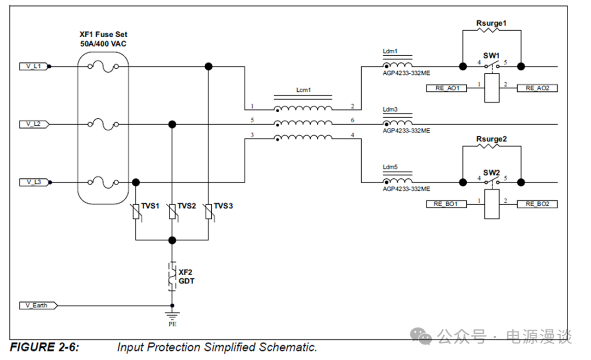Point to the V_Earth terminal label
(x=36, y=305)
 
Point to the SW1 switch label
(x=491, y=56)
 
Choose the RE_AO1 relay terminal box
(x=447, y=88)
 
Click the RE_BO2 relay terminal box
(x=537, y=204)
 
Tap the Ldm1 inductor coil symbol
(x=398, y=66)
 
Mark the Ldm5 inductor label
(x=390, y=167)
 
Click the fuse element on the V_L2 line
(x=103, y=124)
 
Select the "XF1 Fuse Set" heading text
(x=103, y=34)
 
